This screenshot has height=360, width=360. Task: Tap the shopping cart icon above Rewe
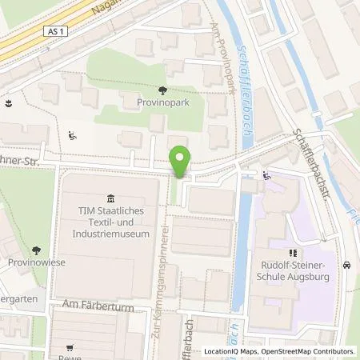71,347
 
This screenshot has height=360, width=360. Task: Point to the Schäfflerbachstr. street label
308,151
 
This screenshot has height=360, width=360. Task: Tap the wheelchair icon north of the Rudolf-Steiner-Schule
266,176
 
